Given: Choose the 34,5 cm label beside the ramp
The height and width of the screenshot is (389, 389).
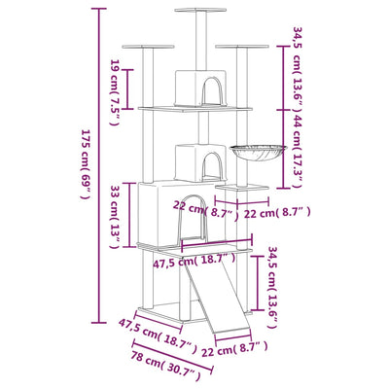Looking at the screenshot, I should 271,283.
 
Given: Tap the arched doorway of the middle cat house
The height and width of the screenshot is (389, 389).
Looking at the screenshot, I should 209,164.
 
